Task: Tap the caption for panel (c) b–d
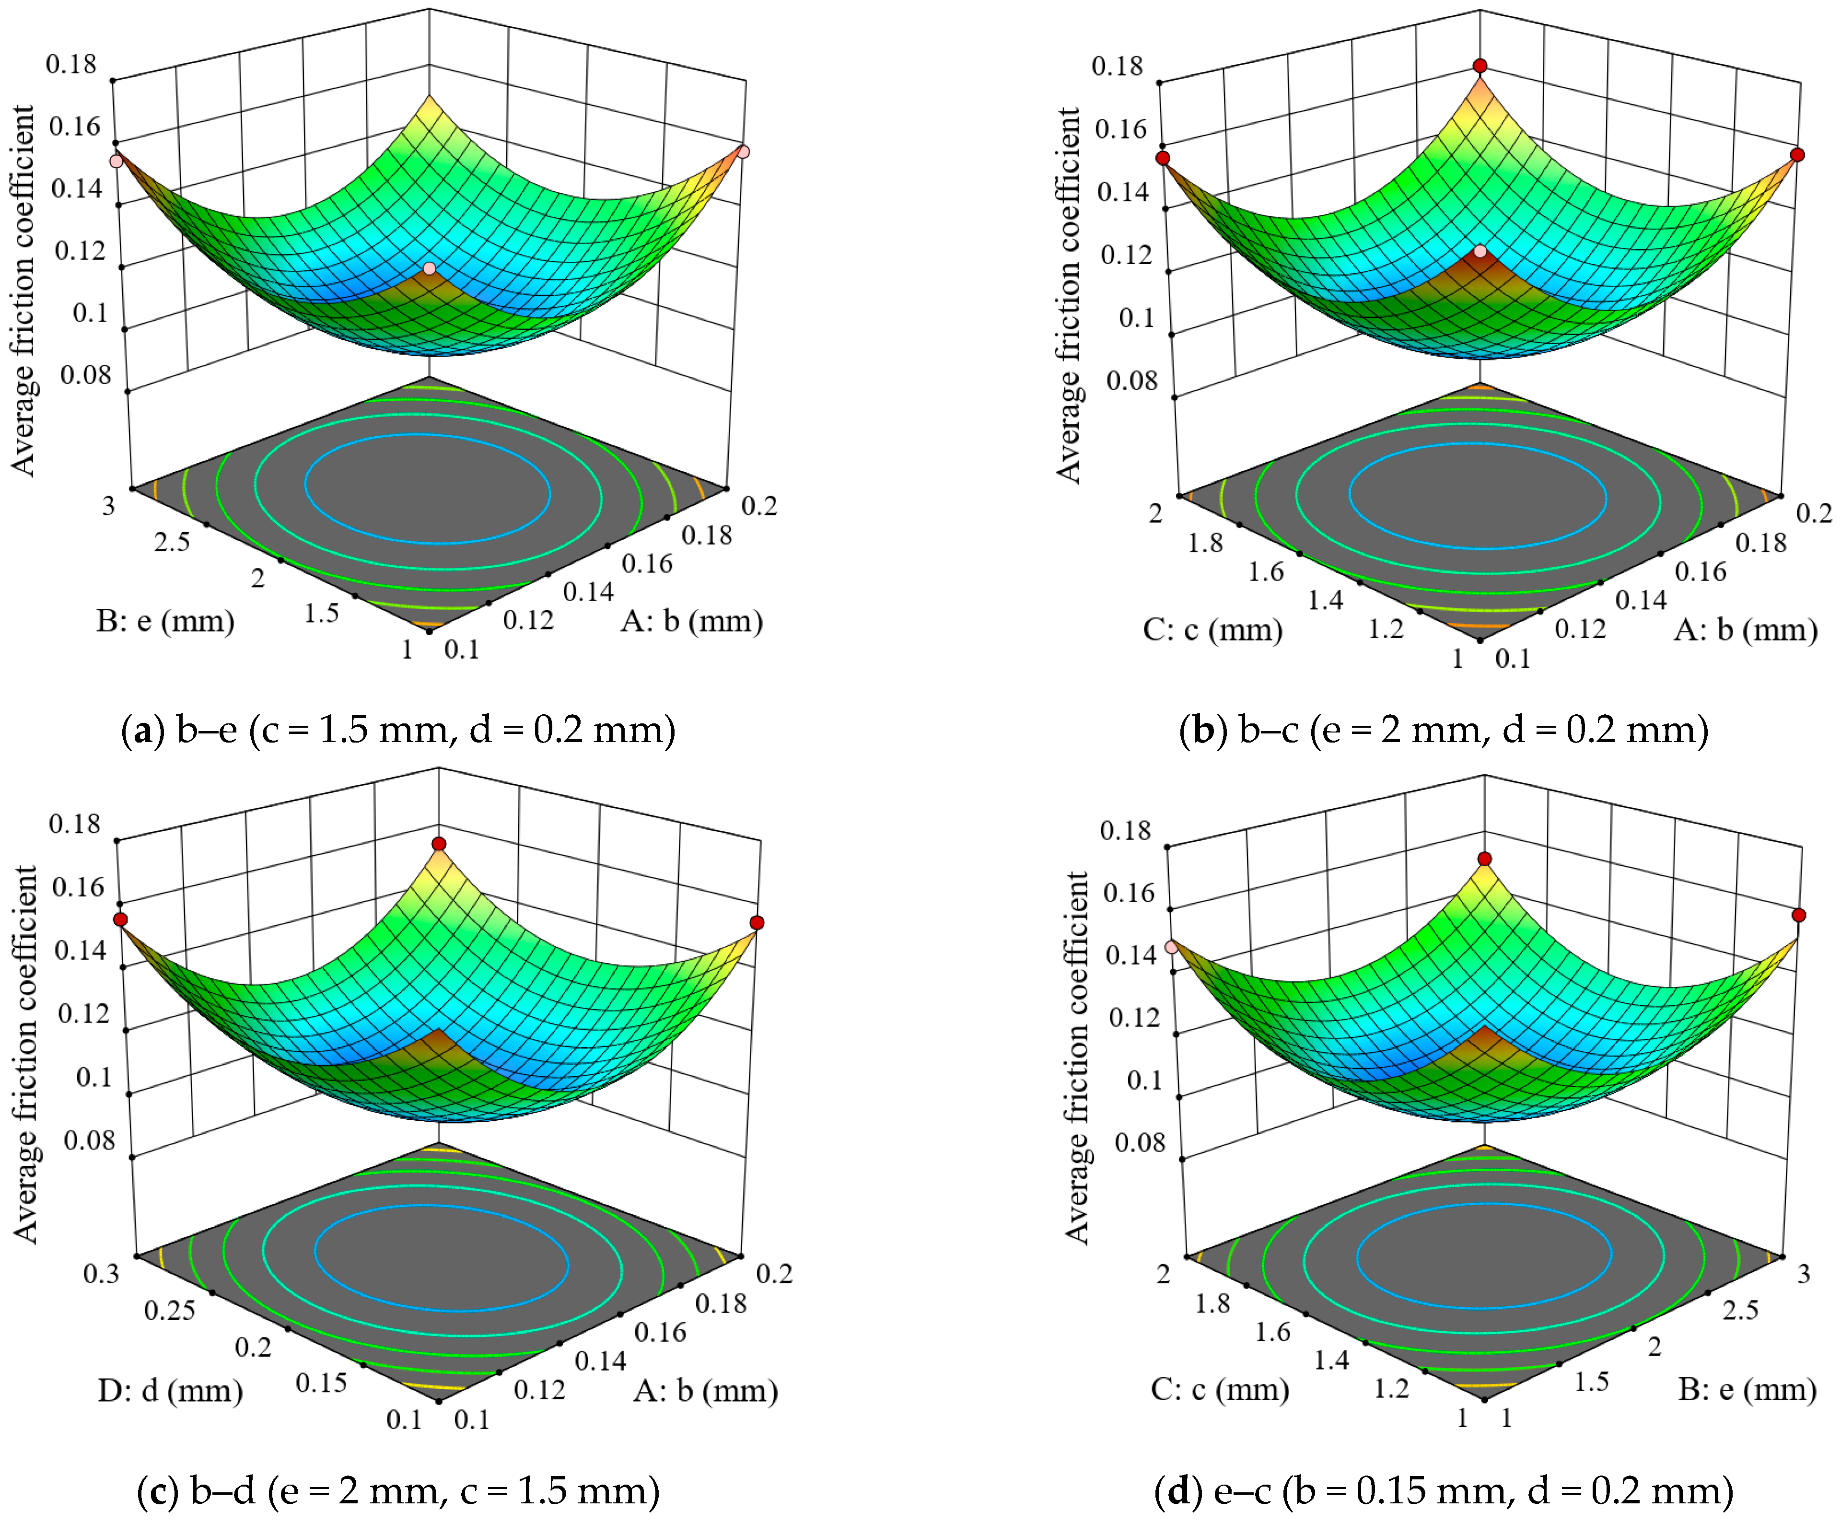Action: pos(398,1490)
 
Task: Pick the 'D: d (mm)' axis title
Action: pos(170,1391)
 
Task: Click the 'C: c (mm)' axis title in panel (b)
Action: pos(1212,629)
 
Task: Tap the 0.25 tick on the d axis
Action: pos(170,1311)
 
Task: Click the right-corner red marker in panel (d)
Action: pos(1799,915)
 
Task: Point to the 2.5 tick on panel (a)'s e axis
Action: pos(172,542)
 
